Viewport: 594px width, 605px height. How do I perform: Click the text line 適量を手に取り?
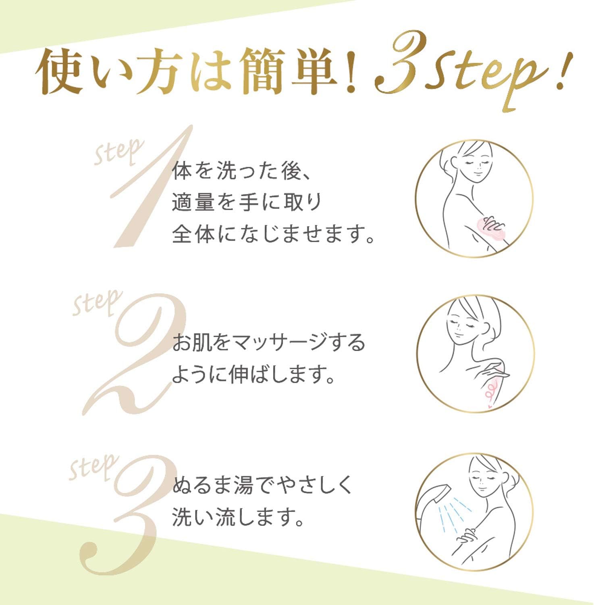click(x=247, y=202)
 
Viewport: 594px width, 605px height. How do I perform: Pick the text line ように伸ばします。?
click(x=254, y=375)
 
